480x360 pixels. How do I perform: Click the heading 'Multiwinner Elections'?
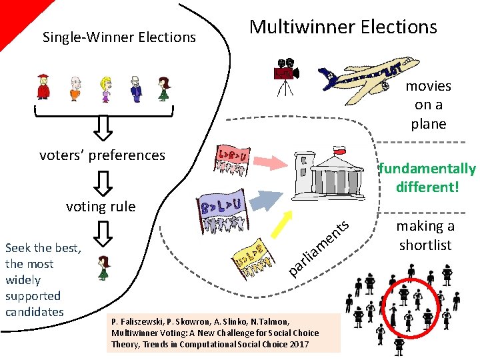click(343, 27)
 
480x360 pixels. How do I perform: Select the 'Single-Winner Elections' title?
click(119, 37)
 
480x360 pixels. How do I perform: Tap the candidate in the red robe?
click(44, 87)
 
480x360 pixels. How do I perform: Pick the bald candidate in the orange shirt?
click(76, 89)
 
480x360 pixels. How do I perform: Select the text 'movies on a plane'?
click(429, 105)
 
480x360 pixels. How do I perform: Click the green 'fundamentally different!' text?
click(427, 177)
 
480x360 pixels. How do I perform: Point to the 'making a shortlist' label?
click(425, 235)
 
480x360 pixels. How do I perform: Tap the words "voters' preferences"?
click(102, 155)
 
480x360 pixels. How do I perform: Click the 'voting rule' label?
click(101, 207)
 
